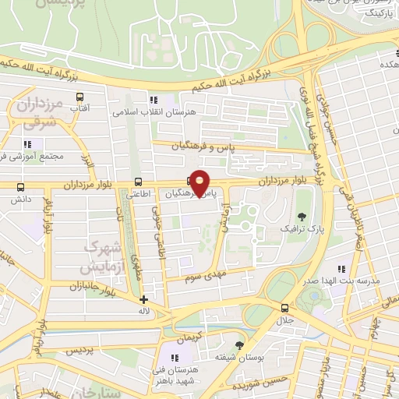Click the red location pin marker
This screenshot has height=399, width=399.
[200, 182]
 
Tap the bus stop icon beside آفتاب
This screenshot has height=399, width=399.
[80, 97]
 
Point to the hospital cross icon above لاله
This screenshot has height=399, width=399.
[143, 299]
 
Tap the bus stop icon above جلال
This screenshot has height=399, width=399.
[284, 309]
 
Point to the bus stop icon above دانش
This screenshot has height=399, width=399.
[20, 187]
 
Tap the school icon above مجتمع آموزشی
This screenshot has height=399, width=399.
[29, 144]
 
